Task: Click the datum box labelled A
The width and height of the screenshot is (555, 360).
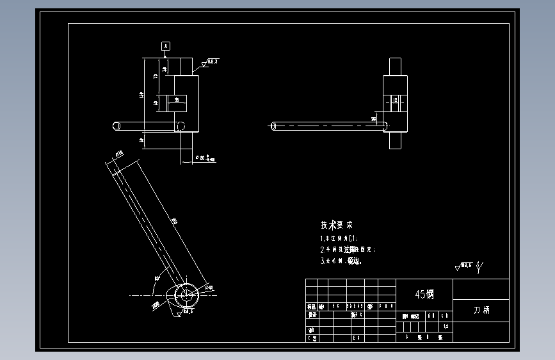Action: [x=165, y=46]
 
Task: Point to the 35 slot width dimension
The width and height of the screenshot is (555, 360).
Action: [x=177, y=101]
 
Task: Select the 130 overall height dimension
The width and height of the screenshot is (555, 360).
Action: [x=141, y=95]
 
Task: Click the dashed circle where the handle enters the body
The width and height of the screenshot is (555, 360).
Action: [x=181, y=126]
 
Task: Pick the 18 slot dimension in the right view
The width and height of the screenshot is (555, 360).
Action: [x=394, y=100]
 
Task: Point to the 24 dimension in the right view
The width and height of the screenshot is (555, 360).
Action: [x=374, y=119]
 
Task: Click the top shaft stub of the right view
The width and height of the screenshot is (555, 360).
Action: [x=395, y=67]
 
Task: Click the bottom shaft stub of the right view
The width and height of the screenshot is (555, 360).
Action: [x=395, y=142]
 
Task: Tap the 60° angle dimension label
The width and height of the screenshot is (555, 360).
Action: [x=156, y=278]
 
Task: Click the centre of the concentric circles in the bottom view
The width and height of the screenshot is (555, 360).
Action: [x=187, y=295]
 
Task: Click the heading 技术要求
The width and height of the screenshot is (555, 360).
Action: [x=336, y=225]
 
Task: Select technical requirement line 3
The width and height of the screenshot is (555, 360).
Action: [x=341, y=261]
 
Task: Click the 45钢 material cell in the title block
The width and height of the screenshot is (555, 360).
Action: [x=424, y=295]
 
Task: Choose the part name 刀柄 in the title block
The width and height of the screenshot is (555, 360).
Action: [x=481, y=310]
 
